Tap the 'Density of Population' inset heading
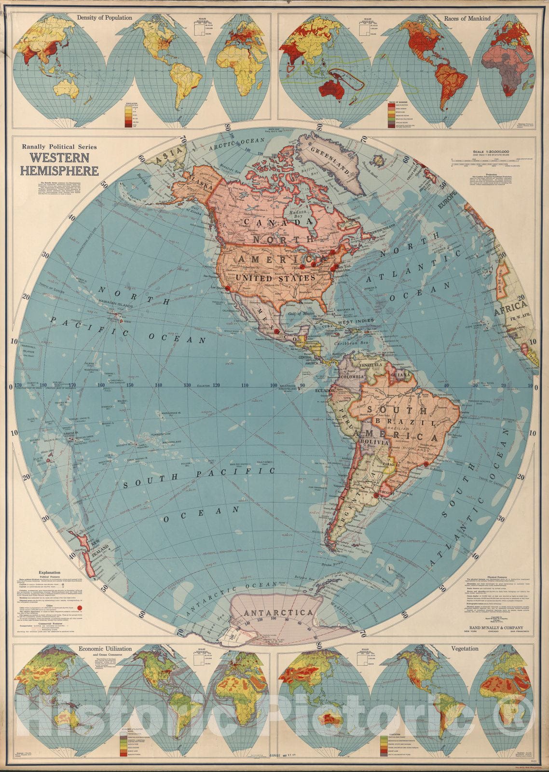104,18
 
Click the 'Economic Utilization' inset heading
105,649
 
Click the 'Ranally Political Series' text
56,147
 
